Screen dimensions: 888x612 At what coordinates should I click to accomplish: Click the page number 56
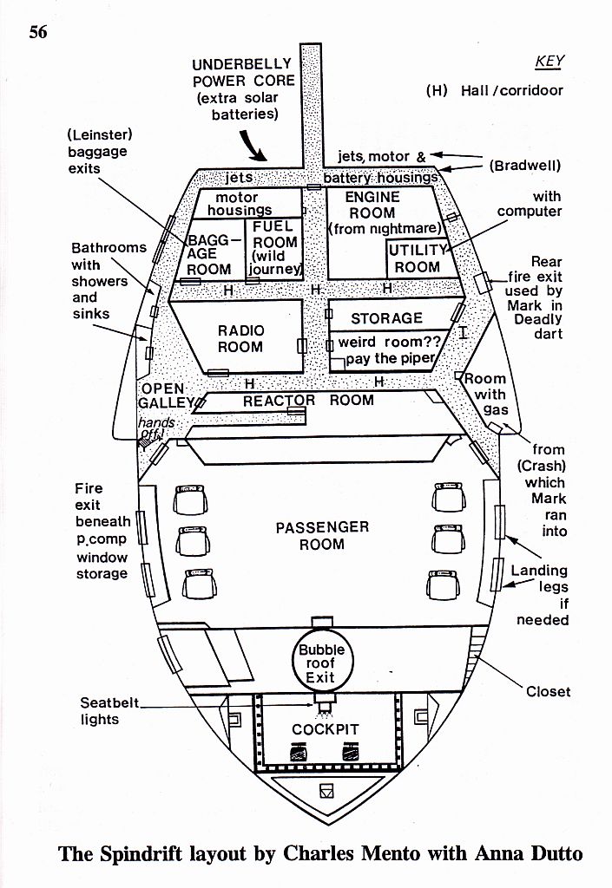click(x=37, y=33)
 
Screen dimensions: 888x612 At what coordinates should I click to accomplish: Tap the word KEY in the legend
click(x=549, y=61)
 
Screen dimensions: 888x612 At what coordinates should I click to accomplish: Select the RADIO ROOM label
click(x=240, y=338)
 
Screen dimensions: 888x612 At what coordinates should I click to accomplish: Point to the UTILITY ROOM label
click(x=417, y=258)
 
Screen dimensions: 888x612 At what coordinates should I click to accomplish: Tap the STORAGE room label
click(x=386, y=318)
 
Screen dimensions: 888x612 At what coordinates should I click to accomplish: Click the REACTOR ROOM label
click(x=308, y=401)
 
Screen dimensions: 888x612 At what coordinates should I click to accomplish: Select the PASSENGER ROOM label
click(x=322, y=535)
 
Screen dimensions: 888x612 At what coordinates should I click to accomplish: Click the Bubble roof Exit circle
click(x=322, y=663)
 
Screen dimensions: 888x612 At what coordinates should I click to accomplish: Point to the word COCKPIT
click(x=325, y=729)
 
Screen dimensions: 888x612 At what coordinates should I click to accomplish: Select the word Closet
click(x=549, y=691)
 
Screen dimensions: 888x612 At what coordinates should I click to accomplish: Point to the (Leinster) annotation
click(x=96, y=135)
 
